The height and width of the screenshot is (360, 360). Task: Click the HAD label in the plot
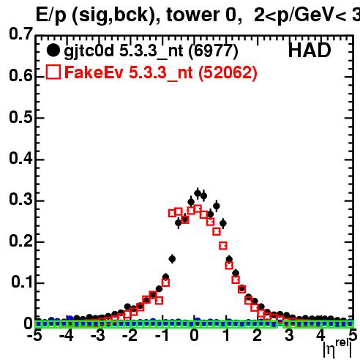[x=310, y=50]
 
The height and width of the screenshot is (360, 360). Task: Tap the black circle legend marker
[x=53, y=50]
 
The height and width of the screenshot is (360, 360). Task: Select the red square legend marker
[x=53, y=72]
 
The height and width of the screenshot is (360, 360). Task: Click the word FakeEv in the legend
[x=94, y=72]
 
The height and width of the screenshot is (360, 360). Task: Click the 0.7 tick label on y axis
[x=20, y=34]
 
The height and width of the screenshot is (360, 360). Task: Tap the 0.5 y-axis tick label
[x=20, y=117]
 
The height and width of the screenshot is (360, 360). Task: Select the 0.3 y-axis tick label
[x=20, y=200]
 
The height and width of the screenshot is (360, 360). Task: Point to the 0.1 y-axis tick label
[x=21, y=282]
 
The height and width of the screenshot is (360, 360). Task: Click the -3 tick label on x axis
[x=98, y=335]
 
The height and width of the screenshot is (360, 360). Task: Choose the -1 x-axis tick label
[x=162, y=335]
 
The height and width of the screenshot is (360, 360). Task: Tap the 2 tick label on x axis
[x=258, y=335]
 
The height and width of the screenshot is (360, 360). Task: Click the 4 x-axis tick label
[x=321, y=335]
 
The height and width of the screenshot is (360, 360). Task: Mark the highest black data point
[x=198, y=194]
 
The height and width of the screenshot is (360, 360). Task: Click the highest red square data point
[x=198, y=209]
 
